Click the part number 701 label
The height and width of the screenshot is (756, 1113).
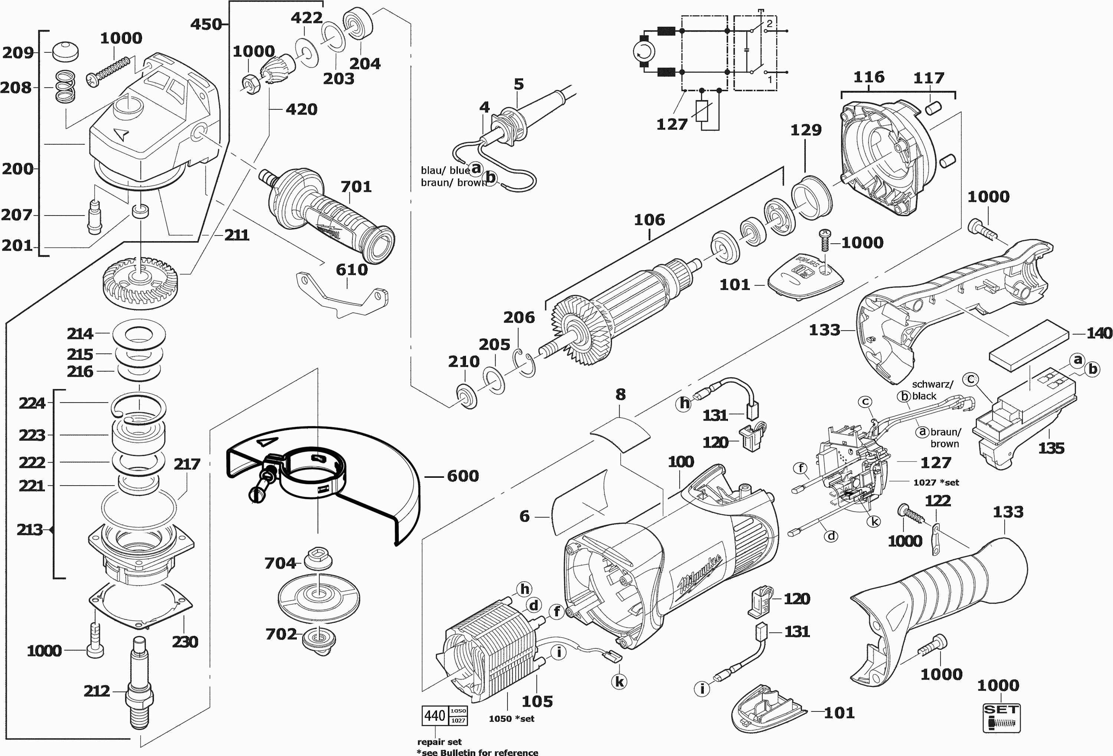pyautogui.click(x=356, y=186)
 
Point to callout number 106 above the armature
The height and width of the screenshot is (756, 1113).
pyautogui.click(x=649, y=220)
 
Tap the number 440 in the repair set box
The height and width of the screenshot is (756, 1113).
pyautogui.click(x=434, y=715)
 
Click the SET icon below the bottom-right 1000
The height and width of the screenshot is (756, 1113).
pyautogui.click(x=1001, y=717)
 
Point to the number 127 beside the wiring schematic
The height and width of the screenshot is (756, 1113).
pyautogui.click(x=672, y=125)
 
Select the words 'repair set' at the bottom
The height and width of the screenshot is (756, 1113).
pyautogui.click(x=439, y=742)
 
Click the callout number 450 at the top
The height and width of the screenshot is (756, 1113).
pyautogui.click(x=206, y=24)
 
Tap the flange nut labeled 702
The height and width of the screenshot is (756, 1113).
pyautogui.click(x=319, y=638)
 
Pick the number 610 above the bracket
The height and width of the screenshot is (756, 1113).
pyautogui.click(x=352, y=270)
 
